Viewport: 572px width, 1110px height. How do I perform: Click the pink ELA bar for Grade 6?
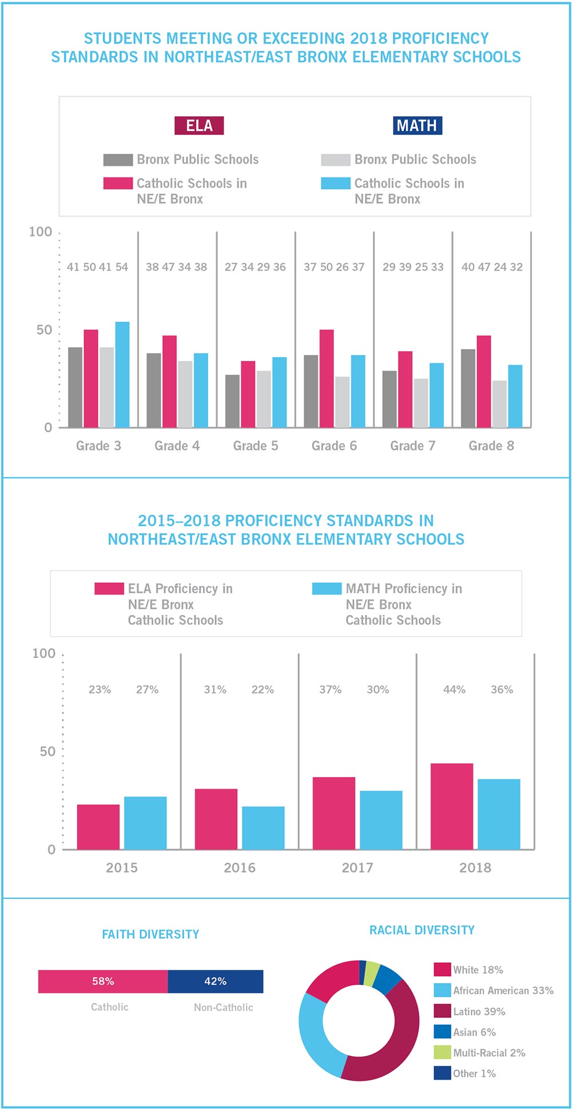(327, 379)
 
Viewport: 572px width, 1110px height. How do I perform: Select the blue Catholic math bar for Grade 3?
(122, 375)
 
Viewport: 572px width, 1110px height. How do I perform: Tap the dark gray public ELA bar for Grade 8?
(468, 388)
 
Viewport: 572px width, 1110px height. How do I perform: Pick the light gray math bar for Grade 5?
(264, 399)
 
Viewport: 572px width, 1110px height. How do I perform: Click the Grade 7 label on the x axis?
(412, 446)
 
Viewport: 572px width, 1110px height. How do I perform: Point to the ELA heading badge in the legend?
(199, 126)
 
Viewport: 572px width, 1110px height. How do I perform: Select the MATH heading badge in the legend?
(417, 126)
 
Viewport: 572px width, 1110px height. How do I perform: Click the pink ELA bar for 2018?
(452, 806)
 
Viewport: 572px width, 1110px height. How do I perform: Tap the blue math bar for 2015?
(145, 823)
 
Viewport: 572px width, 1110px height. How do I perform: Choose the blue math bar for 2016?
(263, 828)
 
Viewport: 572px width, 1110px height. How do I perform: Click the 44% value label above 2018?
(454, 689)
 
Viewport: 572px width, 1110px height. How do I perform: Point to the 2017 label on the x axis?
(357, 867)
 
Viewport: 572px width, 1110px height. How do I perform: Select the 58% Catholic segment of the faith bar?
(103, 981)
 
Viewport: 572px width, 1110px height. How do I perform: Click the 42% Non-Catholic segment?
(216, 981)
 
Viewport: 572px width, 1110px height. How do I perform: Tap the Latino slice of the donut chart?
(395, 1041)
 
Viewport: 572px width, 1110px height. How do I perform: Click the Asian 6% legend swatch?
(442, 1032)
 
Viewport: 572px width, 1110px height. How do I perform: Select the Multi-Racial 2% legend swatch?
(442, 1052)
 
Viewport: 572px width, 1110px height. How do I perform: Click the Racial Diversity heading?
(422, 930)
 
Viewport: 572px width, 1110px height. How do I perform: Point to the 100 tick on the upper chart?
(41, 232)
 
